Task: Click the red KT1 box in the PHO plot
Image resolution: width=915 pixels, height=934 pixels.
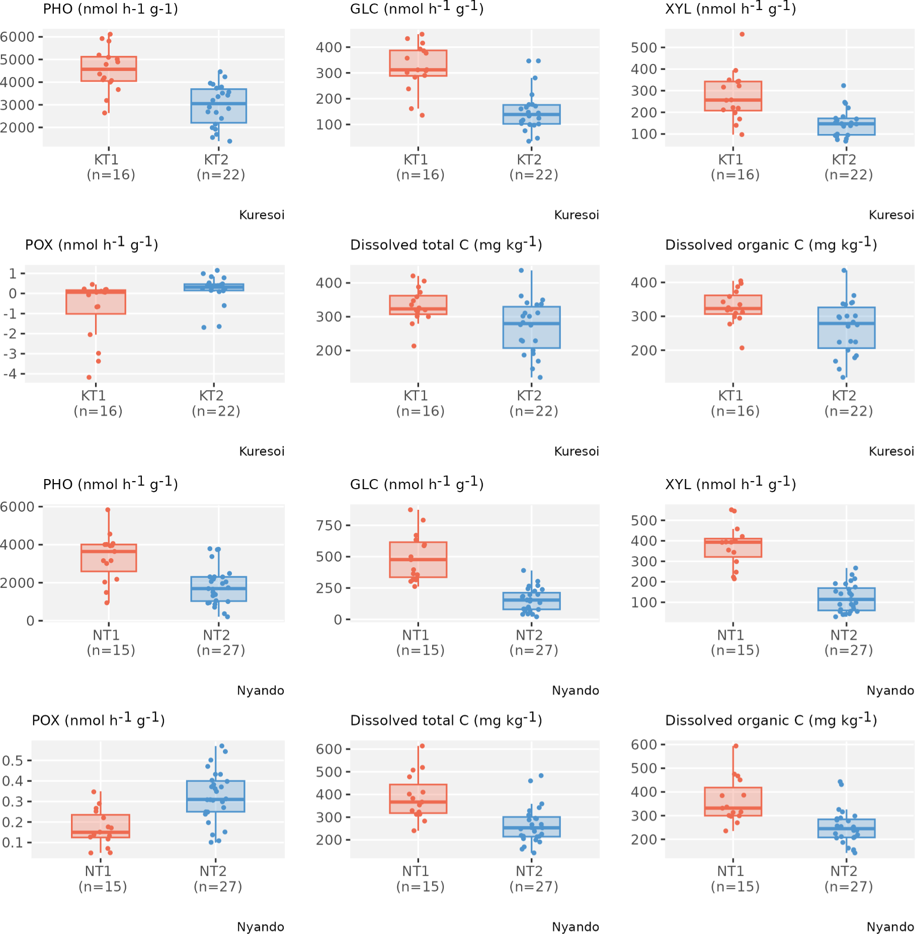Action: pos(109,69)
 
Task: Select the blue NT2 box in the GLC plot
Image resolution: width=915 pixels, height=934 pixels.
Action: pos(531,601)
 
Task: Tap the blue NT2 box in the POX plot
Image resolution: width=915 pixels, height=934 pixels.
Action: pos(215,796)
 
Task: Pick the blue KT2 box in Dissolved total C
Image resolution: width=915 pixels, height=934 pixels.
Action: pos(531,327)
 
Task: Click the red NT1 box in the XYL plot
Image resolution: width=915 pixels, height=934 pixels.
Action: pos(733,548)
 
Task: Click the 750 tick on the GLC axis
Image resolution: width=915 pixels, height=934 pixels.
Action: pos(329,525)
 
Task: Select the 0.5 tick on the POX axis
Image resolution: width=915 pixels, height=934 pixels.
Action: pos(13,760)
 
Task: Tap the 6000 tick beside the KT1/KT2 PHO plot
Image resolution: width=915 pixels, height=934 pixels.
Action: pos(17,37)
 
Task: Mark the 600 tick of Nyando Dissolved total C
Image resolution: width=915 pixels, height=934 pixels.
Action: pos(329,749)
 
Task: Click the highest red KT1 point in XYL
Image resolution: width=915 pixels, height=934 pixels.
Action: pos(742,34)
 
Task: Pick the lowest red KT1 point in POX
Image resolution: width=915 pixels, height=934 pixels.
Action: pos(89,377)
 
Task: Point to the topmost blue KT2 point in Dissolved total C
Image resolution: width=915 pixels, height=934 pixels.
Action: pos(521,271)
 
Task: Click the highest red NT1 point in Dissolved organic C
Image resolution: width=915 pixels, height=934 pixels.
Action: pos(736,746)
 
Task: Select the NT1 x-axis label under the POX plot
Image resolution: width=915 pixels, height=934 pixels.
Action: pos(99,871)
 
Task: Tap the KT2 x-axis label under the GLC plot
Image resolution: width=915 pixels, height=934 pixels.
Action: pos(529,160)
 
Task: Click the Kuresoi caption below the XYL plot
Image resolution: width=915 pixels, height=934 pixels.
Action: pos(891,215)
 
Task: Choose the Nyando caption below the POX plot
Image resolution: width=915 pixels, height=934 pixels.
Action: pos(261,926)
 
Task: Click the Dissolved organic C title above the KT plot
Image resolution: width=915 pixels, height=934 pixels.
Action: pos(771,245)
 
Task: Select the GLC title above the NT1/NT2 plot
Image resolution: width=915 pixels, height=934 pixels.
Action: pos(417,484)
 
